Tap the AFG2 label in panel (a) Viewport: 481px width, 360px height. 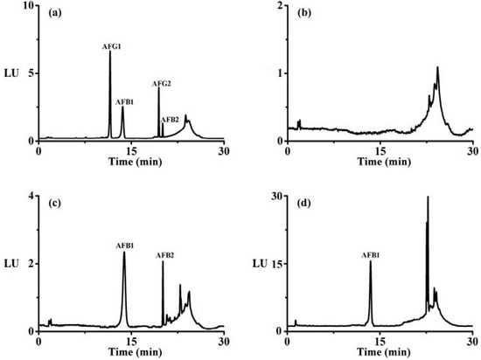(162, 84)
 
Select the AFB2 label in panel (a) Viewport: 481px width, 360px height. (171, 119)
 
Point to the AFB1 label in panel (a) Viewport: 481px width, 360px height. (125, 101)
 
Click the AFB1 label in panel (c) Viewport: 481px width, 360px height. (123, 246)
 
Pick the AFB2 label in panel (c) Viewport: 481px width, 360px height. (165, 255)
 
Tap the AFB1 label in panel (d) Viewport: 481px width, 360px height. (370, 255)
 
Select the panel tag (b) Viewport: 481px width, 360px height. (303, 12)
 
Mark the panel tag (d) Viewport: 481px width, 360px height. (303, 204)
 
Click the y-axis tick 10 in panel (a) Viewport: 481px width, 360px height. (28, 6)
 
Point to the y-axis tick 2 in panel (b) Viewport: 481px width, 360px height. (282, 6)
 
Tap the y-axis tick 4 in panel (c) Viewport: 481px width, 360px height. (30, 197)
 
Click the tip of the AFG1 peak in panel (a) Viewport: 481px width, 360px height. (110, 52)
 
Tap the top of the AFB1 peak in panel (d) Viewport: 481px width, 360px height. (370, 261)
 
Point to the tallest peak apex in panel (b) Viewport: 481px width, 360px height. (437, 66)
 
